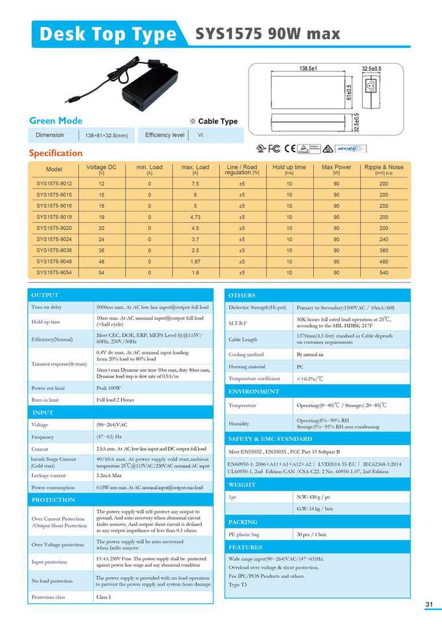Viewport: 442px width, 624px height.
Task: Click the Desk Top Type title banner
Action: tap(107, 34)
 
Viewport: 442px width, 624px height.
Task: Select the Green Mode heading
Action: tap(56, 121)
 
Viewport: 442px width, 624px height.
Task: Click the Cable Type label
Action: tap(217, 122)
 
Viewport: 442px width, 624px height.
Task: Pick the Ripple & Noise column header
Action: tap(383, 170)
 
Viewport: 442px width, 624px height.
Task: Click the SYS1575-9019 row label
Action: tap(54, 216)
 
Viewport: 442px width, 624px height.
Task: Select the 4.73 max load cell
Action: tap(195, 216)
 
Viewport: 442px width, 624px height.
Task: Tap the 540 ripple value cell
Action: tap(383, 272)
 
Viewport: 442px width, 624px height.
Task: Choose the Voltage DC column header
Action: tap(101, 170)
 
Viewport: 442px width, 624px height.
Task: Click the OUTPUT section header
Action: tap(45, 296)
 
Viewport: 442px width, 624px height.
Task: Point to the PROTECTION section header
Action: tap(53, 500)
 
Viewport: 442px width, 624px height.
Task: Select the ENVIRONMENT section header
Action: tap(254, 392)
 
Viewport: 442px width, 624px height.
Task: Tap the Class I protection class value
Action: tap(104, 597)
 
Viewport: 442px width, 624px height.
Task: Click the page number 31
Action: tap(429, 604)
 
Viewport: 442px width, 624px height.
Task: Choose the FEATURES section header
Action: tap(245, 547)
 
